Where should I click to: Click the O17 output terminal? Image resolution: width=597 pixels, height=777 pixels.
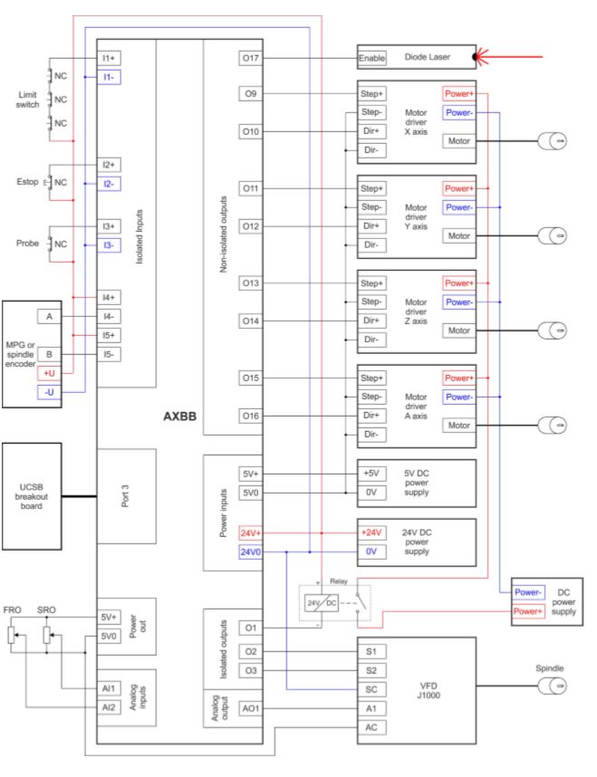[251, 59]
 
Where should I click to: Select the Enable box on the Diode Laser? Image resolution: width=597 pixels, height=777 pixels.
[372, 59]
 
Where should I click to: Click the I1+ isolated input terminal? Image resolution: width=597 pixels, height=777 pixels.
[110, 57]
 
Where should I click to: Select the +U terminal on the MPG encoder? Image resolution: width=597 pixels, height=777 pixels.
[49, 373]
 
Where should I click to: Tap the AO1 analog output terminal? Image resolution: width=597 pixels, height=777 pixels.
[251, 709]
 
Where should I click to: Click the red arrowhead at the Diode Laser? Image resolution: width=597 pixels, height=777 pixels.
[485, 59]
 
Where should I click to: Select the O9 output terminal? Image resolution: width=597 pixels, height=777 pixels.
[251, 93]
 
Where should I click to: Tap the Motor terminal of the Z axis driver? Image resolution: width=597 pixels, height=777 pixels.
[458, 330]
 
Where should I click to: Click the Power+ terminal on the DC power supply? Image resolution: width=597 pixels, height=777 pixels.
[530, 610]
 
